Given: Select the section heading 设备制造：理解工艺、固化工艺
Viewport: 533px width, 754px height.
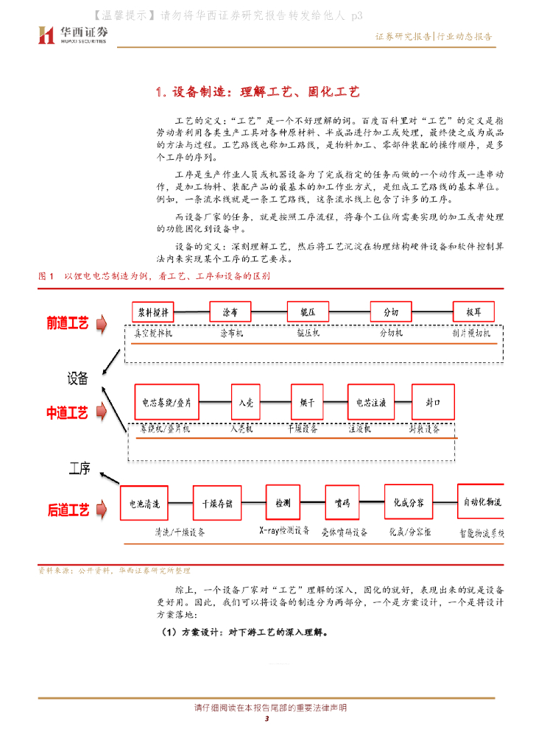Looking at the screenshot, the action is (x=257, y=92).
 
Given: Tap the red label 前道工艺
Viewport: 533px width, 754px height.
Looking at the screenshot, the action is (x=67, y=323).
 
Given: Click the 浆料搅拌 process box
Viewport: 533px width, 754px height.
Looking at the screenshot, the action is (x=155, y=312).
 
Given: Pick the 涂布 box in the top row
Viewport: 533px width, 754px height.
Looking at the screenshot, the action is (x=230, y=312).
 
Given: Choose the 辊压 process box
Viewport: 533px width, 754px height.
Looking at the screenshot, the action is (x=308, y=312).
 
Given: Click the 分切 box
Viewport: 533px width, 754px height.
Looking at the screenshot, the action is (x=390, y=312).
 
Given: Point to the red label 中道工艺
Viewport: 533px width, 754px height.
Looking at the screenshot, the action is (x=67, y=414).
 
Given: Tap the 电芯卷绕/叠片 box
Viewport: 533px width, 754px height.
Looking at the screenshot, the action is (x=166, y=403).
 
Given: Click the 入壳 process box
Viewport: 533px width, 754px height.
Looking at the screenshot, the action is (x=246, y=403).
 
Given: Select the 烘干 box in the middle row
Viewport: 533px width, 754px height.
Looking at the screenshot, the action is (x=308, y=403).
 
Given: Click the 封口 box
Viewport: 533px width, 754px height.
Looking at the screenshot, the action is (x=433, y=403).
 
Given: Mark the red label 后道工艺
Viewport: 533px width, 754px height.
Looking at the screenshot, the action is (x=68, y=509).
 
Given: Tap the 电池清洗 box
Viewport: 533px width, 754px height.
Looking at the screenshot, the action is (x=144, y=504).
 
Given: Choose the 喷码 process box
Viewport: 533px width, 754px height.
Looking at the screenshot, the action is (x=342, y=504).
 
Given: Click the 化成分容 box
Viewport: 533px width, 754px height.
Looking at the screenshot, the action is (x=407, y=504).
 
